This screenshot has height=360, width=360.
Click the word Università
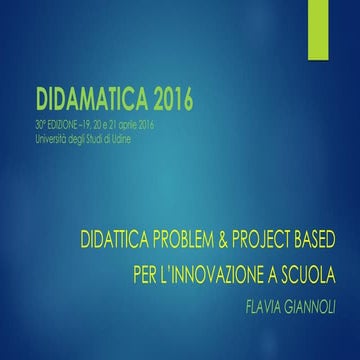coord(51,135)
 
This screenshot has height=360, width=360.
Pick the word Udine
coord(133,135)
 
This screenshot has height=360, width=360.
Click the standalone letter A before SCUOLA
coord(299,272)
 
